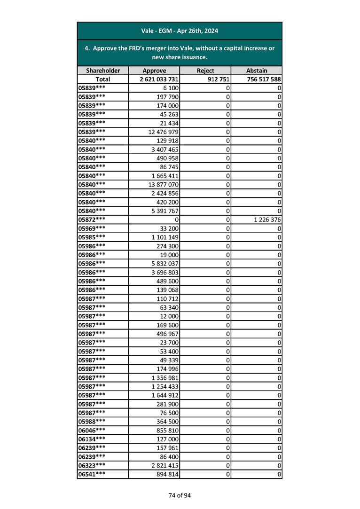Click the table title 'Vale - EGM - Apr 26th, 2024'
tap(180, 31)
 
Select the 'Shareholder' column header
tap(103, 70)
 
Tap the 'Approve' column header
tap(154, 70)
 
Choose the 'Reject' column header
tap(205, 70)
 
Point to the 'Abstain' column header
tap(257, 70)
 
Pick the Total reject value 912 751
tap(217, 79)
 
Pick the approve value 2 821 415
tap(165, 466)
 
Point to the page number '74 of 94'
tap(180, 495)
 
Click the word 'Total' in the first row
tap(103, 79)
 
